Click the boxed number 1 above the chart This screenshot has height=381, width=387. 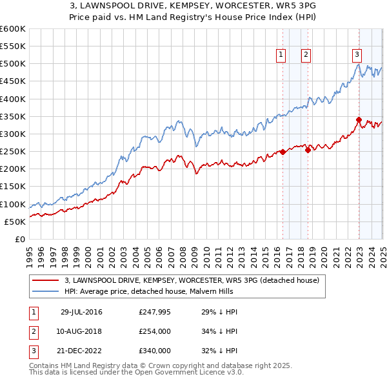coord(282,56)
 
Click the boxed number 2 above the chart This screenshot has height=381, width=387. coord(306,56)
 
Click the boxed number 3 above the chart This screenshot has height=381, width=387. coord(357,56)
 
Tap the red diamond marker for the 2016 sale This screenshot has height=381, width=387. coord(283,152)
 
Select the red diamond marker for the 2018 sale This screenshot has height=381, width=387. coord(308,150)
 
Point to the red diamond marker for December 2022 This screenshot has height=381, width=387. coord(359,119)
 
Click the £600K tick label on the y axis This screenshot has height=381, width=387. coord(13,29)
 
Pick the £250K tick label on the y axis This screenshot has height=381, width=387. coord(13,152)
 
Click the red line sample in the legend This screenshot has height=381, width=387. coord(45,281)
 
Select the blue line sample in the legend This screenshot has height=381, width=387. coord(45,291)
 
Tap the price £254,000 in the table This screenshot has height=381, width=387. coord(154,332)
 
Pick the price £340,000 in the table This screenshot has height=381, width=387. coord(154,351)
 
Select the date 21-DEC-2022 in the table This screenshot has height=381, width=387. coord(81,351)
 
